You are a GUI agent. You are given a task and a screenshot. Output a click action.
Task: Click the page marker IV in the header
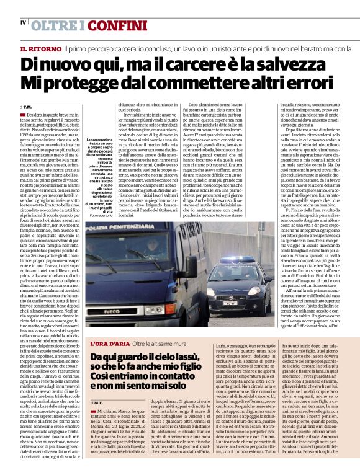23,23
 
